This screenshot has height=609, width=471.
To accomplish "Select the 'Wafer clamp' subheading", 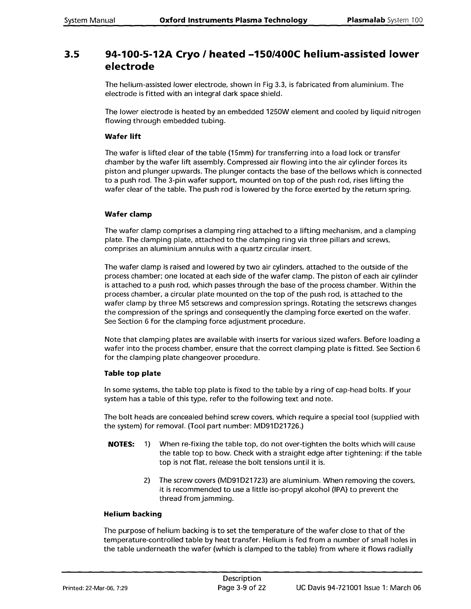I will [x=128, y=214].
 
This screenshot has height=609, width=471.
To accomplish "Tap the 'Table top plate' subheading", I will [x=133, y=373].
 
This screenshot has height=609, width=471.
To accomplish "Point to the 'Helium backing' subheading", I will [x=133, y=514].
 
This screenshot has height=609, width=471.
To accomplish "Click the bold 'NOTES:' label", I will [x=121, y=444].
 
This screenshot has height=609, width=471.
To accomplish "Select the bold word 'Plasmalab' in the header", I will [x=366, y=20].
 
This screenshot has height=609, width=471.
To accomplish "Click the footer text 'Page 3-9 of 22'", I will [x=242, y=588].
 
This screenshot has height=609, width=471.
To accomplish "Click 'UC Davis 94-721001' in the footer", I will [x=329, y=588].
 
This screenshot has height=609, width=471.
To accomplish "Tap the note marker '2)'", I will [x=147, y=481].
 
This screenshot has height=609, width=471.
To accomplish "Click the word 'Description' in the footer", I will [x=242, y=579].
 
